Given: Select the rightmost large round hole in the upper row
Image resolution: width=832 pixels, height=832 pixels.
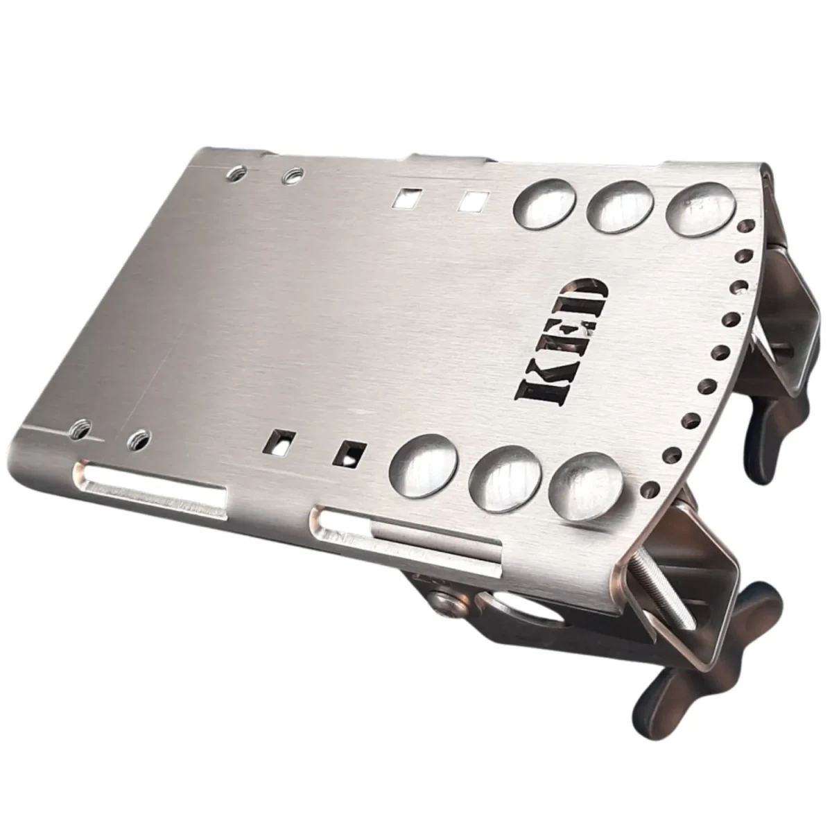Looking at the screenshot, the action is (700, 209).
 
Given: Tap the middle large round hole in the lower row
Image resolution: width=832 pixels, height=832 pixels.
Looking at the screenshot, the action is (503, 476).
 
